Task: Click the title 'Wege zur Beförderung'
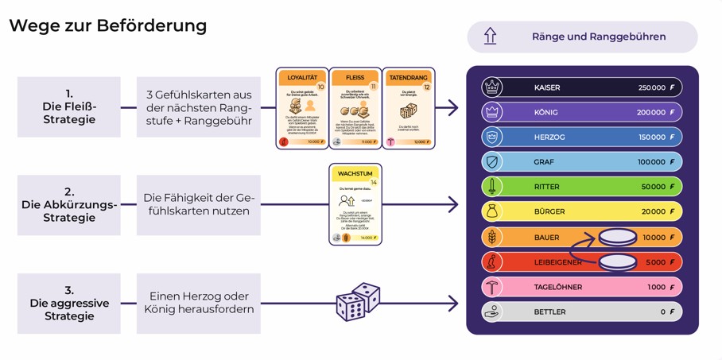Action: [107, 25]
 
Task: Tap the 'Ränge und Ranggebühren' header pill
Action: [582, 37]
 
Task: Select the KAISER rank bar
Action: [581, 87]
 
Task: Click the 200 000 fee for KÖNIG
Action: [651, 112]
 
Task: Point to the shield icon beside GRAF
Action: [492, 162]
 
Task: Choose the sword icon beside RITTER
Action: [492, 187]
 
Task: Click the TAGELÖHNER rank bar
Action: [581, 287]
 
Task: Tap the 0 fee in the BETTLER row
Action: [662, 312]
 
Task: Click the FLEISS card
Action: [355, 108]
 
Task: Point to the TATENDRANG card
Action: [409, 108]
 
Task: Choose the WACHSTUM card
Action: [355, 204]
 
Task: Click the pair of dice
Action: [358, 302]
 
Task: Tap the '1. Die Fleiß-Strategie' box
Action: [69, 106]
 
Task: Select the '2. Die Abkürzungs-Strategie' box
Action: [69, 205]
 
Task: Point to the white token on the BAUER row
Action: [618, 236]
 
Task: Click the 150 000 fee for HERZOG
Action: [651, 137]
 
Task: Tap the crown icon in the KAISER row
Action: [492, 87]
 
